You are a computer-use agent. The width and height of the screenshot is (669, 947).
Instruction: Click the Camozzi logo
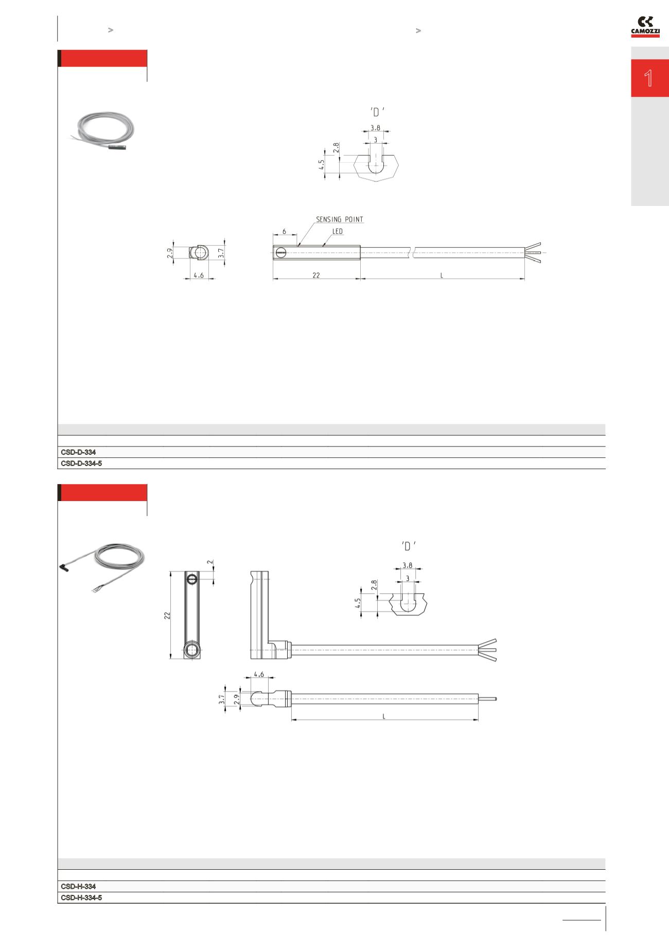645,27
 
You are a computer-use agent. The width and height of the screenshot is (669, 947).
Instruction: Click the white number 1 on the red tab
649,78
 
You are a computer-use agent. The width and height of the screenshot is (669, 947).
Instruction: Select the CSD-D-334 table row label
78,452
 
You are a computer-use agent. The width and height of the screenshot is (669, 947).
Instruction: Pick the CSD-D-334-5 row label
81,463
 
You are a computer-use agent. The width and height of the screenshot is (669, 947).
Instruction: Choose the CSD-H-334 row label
78,886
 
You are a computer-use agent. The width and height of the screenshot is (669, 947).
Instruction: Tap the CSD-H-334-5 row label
81,898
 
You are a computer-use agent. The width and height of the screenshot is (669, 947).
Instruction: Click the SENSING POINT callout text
339,219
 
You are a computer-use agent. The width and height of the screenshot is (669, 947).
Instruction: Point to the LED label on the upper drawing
337,232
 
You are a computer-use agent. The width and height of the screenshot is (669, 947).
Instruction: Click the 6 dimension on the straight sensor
284,232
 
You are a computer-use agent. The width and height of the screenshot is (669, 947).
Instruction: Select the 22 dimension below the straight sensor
316,276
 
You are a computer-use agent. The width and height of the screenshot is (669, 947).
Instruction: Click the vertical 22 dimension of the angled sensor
167,615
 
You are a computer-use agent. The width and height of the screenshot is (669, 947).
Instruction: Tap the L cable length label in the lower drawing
384,716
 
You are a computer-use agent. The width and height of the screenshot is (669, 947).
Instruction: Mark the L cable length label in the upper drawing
442,276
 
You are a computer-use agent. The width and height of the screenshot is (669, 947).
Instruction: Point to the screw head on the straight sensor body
280,252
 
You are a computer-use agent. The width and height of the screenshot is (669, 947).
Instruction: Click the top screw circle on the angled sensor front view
192,579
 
